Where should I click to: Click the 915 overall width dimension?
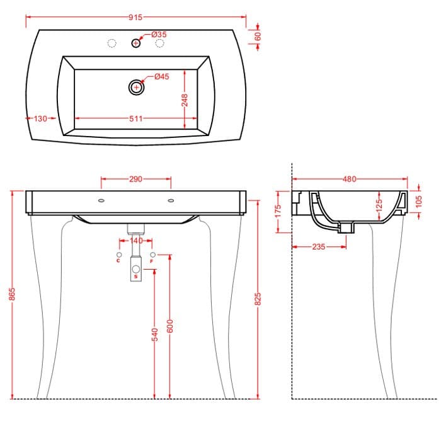(135, 18)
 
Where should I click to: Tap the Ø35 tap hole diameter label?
(159, 35)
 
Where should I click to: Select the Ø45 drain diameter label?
(162, 76)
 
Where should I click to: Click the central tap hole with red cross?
(136, 43)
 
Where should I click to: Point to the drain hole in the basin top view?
(137, 87)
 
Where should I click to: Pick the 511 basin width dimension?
(136, 118)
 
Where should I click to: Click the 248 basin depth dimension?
(185, 100)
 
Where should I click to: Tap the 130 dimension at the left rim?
(40, 118)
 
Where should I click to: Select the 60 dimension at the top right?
(258, 37)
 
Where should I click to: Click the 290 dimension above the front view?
(136, 179)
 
